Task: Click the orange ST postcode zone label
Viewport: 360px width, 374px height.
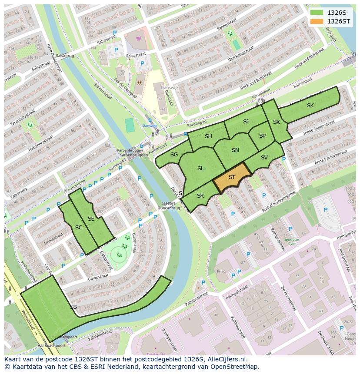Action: click(x=232, y=177)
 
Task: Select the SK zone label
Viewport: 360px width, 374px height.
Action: click(x=310, y=106)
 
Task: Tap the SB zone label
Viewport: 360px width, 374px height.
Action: click(x=73, y=307)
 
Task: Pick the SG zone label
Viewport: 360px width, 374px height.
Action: click(x=174, y=155)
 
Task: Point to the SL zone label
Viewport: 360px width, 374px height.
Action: click(x=200, y=169)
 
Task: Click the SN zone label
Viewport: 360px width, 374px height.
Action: click(x=235, y=150)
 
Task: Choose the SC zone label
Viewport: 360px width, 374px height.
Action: click(x=79, y=228)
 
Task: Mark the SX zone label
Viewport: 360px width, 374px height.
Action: click(x=277, y=122)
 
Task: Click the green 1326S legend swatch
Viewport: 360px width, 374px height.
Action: click(x=317, y=13)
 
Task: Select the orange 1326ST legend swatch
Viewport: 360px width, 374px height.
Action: click(x=317, y=21)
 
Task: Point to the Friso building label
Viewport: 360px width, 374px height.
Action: click(x=221, y=271)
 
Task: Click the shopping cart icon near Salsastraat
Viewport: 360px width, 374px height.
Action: click(x=139, y=39)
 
